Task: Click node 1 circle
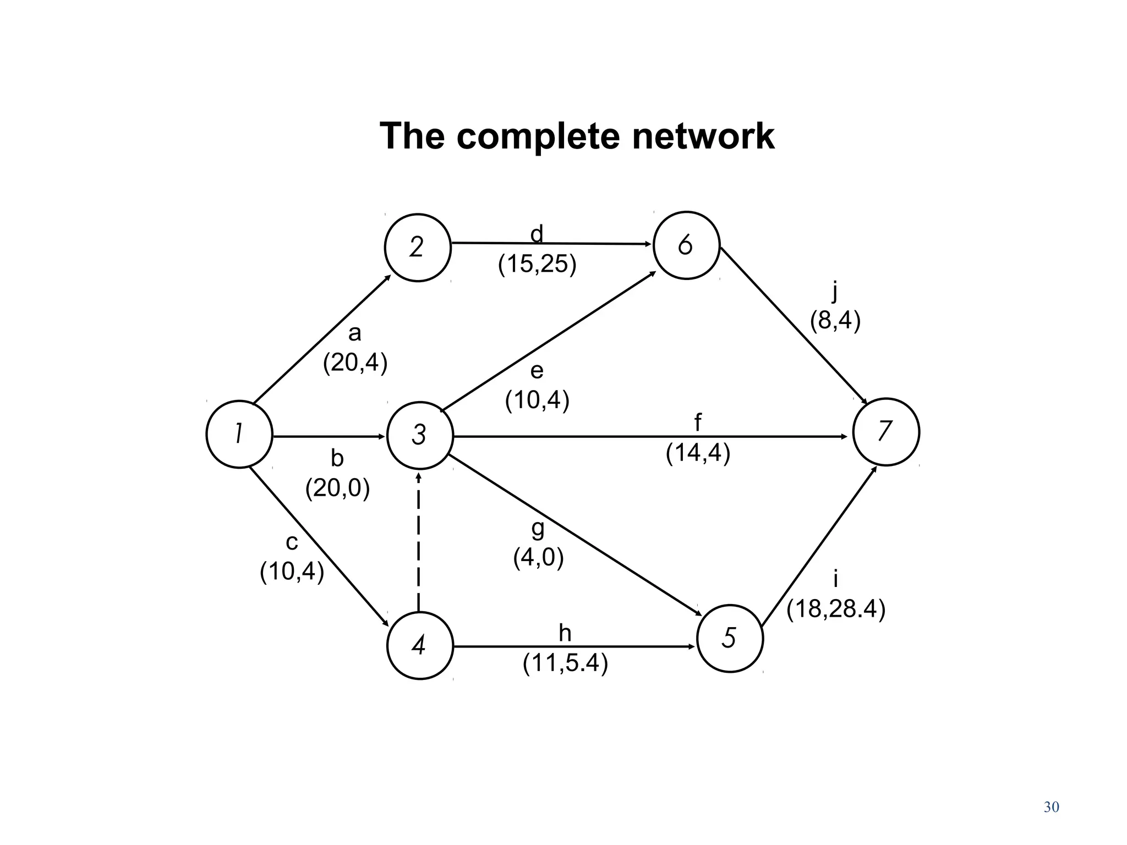coord(239,434)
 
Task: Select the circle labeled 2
coord(417,248)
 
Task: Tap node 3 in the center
coord(420,435)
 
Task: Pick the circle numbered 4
coord(420,645)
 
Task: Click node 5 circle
coord(730,638)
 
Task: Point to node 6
coord(686,245)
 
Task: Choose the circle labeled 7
coord(885,432)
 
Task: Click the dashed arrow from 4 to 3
coord(419,542)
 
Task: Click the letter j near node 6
coord(835,291)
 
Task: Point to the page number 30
coord(1051,808)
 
